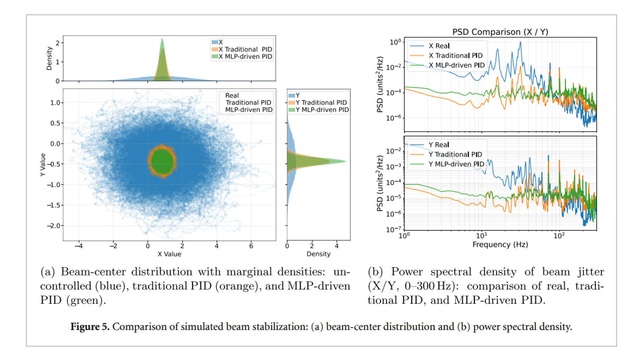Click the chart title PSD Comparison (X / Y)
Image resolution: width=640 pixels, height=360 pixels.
click(x=500, y=32)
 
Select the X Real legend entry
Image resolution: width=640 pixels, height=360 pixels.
click(x=439, y=46)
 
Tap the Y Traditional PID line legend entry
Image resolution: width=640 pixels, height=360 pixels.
click(x=455, y=155)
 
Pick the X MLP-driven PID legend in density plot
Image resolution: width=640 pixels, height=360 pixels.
click(x=245, y=57)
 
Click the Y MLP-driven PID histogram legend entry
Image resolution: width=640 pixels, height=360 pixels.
click(x=322, y=110)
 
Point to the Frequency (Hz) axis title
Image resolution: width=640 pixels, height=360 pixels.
click(x=500, y=245)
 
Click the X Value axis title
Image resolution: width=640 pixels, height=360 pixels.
click(x=169, y=254)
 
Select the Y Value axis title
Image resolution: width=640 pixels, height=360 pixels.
click(x=43, y=165)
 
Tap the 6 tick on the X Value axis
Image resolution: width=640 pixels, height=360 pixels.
click(x=251, y=246)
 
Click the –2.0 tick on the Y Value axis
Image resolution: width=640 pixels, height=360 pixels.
click(x=54, y=226)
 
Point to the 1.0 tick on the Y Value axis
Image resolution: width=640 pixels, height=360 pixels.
click(x=56, y=103)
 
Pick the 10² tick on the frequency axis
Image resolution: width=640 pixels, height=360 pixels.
click(x=559, y=236)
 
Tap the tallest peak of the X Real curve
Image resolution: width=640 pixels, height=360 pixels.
click(x=521, y=42)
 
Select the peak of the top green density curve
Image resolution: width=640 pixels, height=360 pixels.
click(x=162, y=39)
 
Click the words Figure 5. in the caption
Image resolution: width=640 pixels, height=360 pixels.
click(x=90, y=327)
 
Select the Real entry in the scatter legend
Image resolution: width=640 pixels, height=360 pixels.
click(x=232, y=96)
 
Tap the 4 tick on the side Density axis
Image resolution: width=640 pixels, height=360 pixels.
click(x=337, y=246)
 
